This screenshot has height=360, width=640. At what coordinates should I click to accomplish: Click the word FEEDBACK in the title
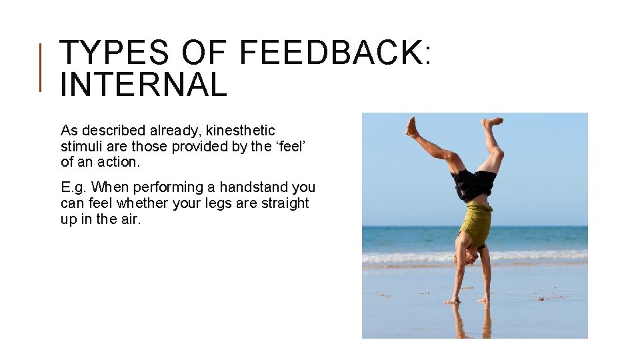[329, 53]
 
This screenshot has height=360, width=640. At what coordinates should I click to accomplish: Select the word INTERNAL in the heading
[143, 85]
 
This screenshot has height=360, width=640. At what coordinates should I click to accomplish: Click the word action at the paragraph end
[119, 163]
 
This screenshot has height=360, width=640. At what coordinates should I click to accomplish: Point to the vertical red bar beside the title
[41, 67]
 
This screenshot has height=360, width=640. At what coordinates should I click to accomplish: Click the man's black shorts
[474, 184]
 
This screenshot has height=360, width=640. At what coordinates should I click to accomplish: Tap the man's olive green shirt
[477, 223]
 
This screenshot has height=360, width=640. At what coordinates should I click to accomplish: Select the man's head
[473, 256]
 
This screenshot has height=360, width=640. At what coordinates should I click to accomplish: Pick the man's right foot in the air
[412, 127]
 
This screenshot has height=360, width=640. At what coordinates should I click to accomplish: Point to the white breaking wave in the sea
[533, 256]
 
